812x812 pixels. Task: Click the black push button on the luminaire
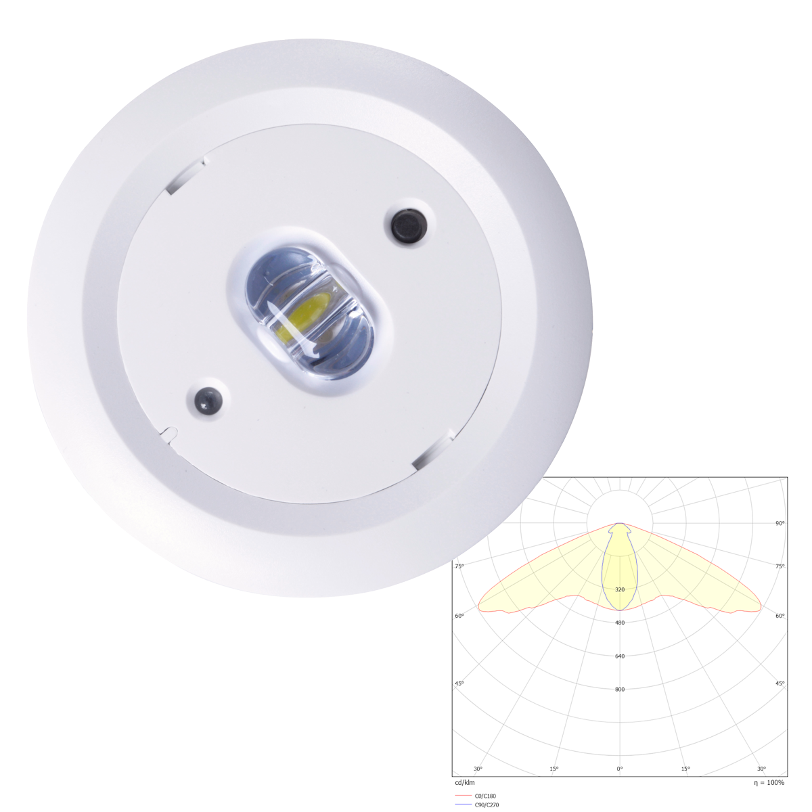pos(409,225)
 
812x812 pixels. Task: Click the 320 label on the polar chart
pos(619,589)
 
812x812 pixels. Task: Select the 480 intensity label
pos(619,623)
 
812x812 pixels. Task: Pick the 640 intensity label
pos(619,656)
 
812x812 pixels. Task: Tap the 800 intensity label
pos(619,690)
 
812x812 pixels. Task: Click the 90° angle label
pos(780,523)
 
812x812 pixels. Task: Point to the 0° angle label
pos(619,769)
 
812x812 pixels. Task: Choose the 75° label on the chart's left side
pos(459,566)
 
